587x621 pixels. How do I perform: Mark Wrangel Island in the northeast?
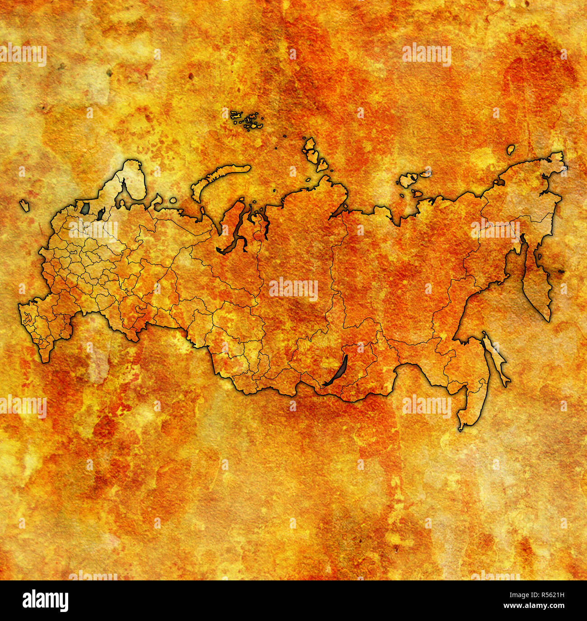tap(511, 149)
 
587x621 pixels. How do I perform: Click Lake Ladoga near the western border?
tap(85, 208)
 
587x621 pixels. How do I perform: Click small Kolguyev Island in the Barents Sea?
tap(173, 200)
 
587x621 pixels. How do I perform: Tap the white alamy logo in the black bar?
tap(45, 601)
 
